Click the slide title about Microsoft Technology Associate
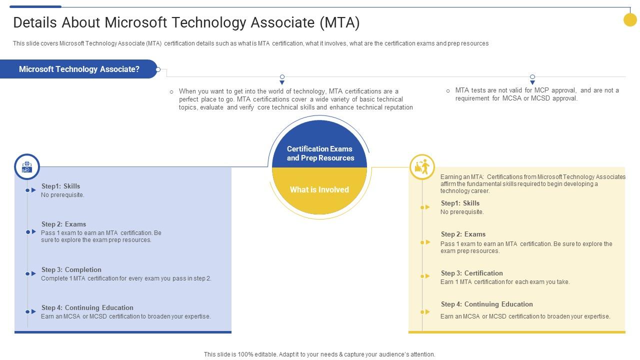click(186, 22)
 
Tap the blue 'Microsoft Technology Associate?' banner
click(79, 69)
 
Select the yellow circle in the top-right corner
click(630, 19)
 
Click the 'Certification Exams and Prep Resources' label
click(320, 153)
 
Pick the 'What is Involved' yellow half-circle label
click(319, 190)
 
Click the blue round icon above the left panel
click(27, 166)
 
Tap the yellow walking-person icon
click(422, 167)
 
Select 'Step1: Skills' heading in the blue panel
click(60, 186)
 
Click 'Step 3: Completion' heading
click(71, 269)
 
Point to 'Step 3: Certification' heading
click(471, 273)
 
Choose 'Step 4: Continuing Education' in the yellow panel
click(486, 304)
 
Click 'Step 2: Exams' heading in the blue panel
click(63, 224)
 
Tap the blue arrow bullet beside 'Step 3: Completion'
click(31, 273)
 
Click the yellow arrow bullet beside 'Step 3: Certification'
click(425, 276)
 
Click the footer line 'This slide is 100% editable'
click(319, 354)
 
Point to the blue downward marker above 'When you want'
click(282, 82)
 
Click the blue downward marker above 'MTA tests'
click(532, 82)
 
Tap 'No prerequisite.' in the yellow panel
click(462, 212)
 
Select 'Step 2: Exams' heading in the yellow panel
click(463, 234)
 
